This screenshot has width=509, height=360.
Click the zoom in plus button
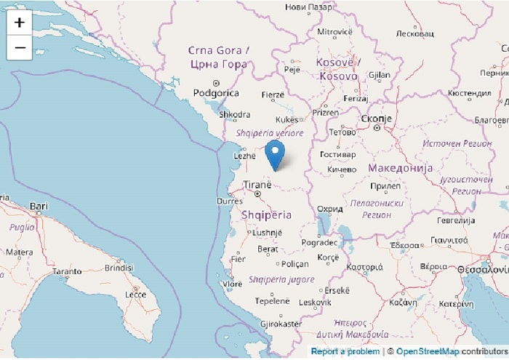tap(19, 23)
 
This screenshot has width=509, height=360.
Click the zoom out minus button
tap(19, 48)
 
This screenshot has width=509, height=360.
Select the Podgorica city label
tap(216, 93)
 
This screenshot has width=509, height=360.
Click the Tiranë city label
tap(257, 185)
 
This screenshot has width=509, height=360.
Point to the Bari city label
tap(39, 207)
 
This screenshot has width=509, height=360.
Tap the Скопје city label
tap(377, 119)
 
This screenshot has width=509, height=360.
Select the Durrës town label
tap(229, 201)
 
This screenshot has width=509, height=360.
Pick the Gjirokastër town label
tap(281, 323)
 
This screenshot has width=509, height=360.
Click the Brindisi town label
tap(119, 268)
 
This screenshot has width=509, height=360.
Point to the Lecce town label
tap(135, 294)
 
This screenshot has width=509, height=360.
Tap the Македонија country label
tap(401, 168)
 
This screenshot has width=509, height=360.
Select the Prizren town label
tap(325, 113)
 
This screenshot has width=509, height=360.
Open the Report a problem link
tap(345, 352)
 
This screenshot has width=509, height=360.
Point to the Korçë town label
tap(327, 257)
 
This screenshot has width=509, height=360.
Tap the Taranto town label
tap(67, 271)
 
